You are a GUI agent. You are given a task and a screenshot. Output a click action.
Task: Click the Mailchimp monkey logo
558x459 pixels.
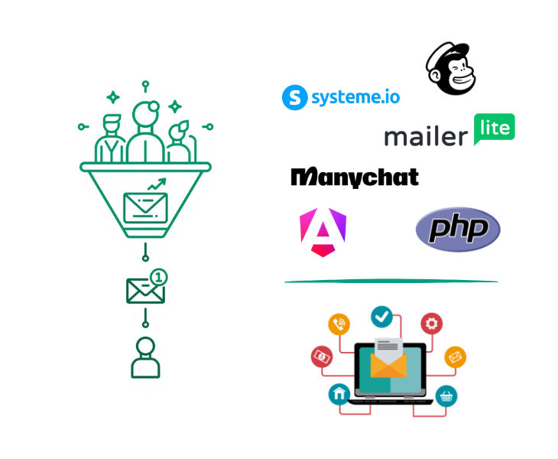point(451,69)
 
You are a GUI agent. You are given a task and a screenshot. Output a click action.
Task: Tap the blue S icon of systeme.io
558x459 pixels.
point(294,97)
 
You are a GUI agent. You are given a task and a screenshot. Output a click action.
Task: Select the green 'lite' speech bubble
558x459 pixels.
point(495,129)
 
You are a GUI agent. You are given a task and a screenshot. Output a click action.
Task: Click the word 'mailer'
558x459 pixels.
point(426,137)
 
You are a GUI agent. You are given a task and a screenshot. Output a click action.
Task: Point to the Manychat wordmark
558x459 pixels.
point(355,177)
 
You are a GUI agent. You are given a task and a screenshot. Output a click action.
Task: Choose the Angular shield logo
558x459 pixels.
point(323,232)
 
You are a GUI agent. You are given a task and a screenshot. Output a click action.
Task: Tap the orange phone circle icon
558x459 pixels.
point(339,324)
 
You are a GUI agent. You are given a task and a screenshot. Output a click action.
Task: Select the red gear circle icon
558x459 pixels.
point(433,323)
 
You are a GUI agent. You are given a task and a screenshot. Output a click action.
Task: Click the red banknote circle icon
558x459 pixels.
point(321,356)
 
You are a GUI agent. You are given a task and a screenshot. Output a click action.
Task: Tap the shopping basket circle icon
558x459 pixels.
point(446,396)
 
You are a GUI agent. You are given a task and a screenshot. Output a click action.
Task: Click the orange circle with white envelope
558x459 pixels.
point(455,356)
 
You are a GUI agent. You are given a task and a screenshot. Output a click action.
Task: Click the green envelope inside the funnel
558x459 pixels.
point(145,207)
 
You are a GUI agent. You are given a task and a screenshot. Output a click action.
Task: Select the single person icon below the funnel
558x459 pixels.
point(145,357)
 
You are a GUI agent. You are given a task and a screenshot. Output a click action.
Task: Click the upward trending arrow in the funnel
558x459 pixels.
point(157,184)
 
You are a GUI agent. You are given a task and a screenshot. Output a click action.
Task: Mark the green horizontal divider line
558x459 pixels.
point(391,282)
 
